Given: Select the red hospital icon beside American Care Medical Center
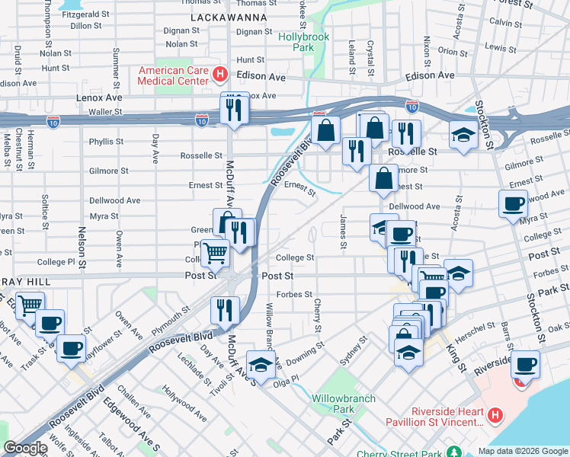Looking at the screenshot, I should click(220, 75).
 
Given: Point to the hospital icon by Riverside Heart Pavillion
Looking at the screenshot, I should click(495, 415).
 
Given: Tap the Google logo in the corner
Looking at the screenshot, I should click(25, 448).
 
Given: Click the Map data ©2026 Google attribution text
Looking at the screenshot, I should click(523, 451).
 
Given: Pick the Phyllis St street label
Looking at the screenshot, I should click(106, 142).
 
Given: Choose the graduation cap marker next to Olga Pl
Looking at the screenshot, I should click(261, 365).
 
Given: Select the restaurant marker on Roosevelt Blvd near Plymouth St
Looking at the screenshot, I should click(225, 310).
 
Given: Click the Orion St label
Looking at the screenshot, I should click(453, 52).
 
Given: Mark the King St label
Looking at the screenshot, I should click(456, 355).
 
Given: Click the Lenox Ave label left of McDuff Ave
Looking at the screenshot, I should click(98, 98).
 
